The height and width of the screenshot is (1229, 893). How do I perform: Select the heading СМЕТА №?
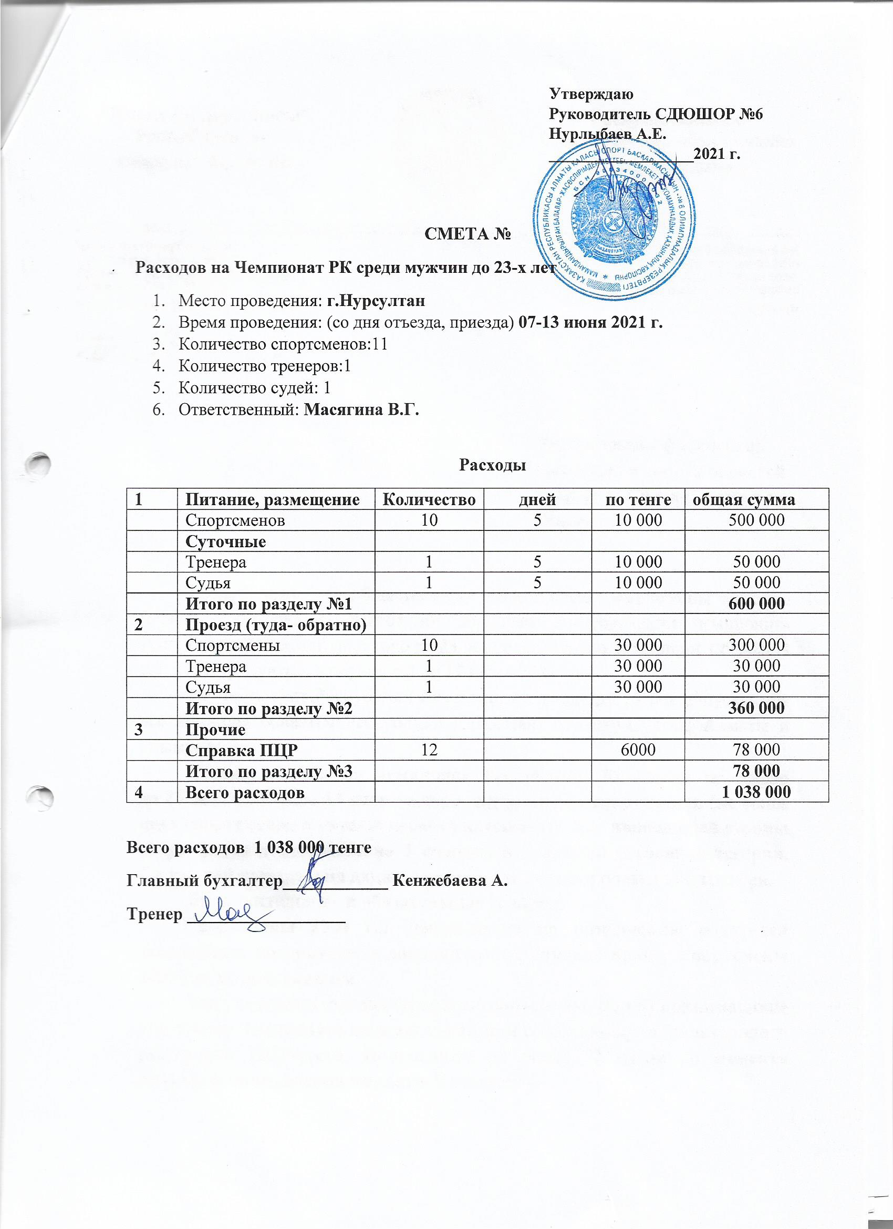[x=469, y=234]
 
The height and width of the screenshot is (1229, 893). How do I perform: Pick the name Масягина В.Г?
[x=363, y=410]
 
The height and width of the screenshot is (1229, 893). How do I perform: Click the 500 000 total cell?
[x=756, y=520]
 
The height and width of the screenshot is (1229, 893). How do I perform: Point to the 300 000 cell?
[x=756, y=645]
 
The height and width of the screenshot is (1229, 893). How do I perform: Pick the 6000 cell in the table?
[x=639, y=750]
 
